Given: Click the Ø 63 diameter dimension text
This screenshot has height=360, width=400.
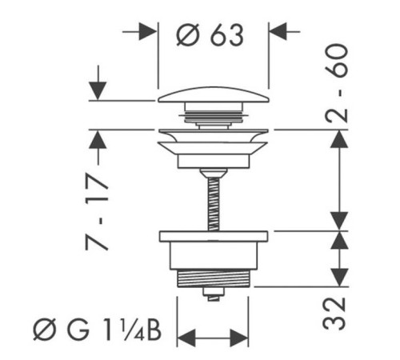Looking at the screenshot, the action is (210, 35).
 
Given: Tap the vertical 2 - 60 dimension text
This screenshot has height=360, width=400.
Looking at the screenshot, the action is (337, 82).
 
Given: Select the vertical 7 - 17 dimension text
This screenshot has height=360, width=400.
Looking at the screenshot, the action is (97, 212).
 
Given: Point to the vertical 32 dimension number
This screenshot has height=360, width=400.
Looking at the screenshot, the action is (334, 314).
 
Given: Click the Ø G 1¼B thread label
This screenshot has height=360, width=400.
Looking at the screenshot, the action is (97, 330).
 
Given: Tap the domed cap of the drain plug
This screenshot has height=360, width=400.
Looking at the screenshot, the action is (214, 94).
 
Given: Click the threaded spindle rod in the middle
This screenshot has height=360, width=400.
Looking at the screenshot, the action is (214, 204).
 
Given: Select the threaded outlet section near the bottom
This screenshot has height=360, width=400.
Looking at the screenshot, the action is (214, 278).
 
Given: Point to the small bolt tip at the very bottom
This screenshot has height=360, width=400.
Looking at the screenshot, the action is (214, 294).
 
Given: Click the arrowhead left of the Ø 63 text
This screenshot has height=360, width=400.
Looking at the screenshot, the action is (147, 32).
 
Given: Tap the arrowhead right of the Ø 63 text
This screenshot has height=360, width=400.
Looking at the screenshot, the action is (278, 31).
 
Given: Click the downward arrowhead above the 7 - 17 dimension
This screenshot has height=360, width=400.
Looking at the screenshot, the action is (98, 91).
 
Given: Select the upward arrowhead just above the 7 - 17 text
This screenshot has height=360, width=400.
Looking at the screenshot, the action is (98, 139).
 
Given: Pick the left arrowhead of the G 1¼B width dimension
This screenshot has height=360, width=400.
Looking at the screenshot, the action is (186, 338).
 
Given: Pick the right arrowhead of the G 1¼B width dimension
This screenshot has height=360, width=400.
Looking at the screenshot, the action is (239, 338).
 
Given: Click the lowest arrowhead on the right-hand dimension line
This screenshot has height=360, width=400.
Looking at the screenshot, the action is (339, 278).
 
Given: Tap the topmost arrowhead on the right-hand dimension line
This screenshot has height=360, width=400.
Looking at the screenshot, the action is (339, 139).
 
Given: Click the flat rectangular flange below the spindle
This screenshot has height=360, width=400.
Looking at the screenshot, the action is (214, 236).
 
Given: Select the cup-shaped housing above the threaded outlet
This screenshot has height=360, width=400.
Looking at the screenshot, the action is (214, 256).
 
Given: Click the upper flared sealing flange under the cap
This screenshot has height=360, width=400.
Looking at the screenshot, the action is (214, 135).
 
